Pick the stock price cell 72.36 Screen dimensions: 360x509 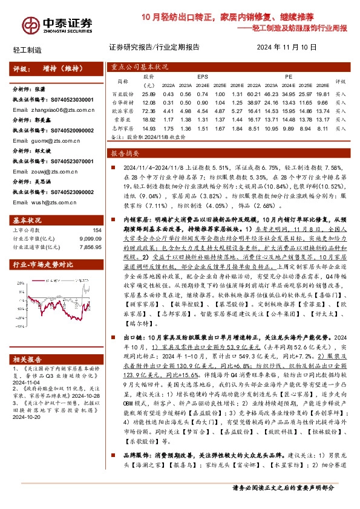(148, 112)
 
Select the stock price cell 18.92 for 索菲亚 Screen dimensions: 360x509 (148, 120)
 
